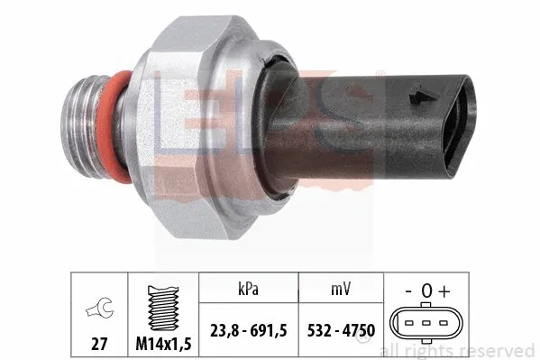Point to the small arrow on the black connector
[x=415, y=94]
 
